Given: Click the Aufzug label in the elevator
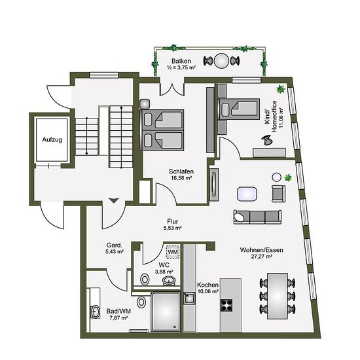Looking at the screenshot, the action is [52, 139].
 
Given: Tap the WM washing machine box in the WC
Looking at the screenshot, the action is [173, 252].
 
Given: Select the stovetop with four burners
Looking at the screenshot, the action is [226, 305].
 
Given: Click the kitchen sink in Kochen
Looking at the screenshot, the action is [189, 298].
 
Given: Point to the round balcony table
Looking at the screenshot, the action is [221, 61].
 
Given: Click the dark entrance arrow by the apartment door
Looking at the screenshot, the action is [114, 200].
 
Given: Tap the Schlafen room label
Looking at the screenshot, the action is [181, 171].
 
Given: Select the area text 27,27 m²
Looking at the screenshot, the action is [262, 256].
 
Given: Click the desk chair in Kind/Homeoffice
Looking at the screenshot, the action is [267, 140].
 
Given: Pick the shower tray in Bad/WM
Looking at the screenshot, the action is [166, 312].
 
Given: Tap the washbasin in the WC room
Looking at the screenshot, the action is [169, 281].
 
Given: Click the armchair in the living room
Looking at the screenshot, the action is [278, 194].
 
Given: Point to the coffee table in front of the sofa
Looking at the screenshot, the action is [247, 194].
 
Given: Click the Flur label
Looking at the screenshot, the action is [173, 221].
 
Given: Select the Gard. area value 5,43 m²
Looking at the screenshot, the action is [115, 251].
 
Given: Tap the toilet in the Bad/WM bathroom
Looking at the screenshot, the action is [141, 302].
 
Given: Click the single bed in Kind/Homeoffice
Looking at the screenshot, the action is [239, 109].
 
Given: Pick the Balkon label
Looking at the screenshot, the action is [181, 61].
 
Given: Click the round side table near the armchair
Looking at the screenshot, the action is [277, 177].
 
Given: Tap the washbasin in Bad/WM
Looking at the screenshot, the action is [95, 312].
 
